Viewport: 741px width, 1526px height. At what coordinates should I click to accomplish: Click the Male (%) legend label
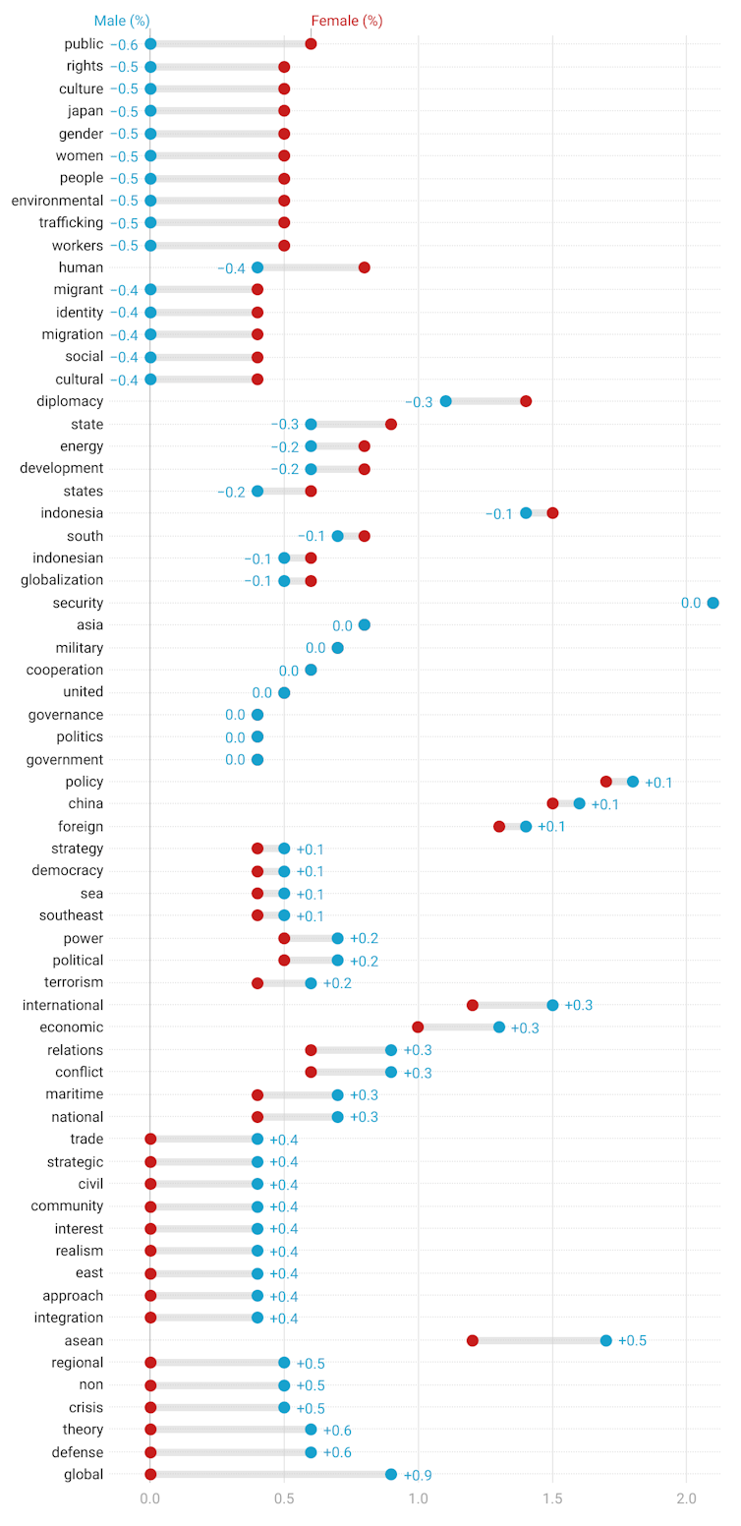pyautogui.click(x=122, y=21)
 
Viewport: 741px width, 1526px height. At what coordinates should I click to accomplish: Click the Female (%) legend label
pyautogui.click(x=346, y=21)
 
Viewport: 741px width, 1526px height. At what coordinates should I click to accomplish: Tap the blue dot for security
pyautogui.click(x=712, y=603)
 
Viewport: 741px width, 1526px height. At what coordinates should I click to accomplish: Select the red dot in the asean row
pyautogui.click(x=472, y=1340)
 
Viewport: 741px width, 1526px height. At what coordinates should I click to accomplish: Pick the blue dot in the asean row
pyautogui.click(x=605, y=1340)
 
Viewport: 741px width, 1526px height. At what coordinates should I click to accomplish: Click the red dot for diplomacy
pyautogui.click(x=526, y=401)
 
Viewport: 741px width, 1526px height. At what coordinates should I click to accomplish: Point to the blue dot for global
pyautogui.click(x=391, y=1474)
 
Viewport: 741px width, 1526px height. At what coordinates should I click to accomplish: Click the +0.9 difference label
pyautogui.click(x=417, y=1475)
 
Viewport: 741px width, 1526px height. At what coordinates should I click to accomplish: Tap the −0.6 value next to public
pyautogui.click(x=124, y=44)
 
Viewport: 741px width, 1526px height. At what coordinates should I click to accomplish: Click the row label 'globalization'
pyautogui.click(x=60, y=580)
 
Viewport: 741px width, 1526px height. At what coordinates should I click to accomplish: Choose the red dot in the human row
pyautogui.click(x=365, y=267)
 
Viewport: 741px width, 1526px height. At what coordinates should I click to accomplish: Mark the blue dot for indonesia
pyautogui.click(x=526, y=513)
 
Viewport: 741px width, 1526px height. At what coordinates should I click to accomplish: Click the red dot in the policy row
pyautogui.click(x=605, y=782)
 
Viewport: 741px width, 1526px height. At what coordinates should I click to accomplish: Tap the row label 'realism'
pyautogui.click(x=78, y=1251)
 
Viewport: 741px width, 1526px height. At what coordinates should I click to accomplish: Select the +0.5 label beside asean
pyautogui.click(x=632, y=1341)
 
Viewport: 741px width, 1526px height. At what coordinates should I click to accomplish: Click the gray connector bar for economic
pyautogui.click(x=458, y=1027)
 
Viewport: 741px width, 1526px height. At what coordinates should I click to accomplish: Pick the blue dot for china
pyautogui.click(x=579, y=803)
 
